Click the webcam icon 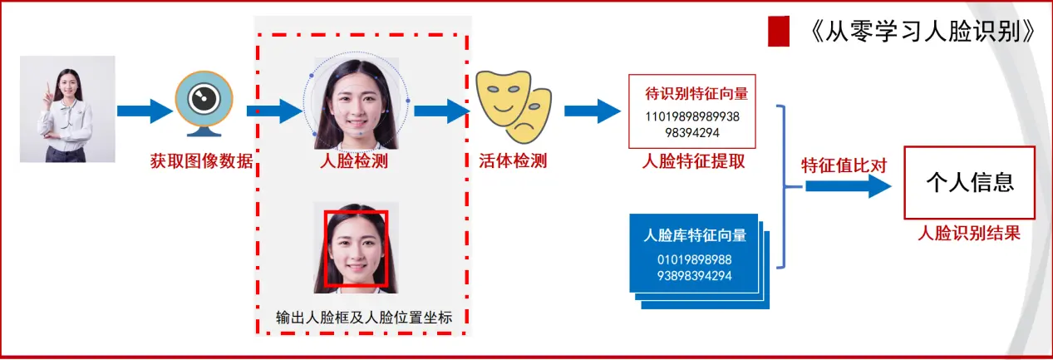tap(203, 103)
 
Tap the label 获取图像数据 tap(201, 160)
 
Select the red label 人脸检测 tap(354, 160)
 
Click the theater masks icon tap(513, 103)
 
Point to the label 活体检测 tap(513, 160)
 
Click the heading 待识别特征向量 tap(696, 94)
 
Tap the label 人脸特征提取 tap(693, 161)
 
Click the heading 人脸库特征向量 tap(695, 235)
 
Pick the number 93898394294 tap(694, 275)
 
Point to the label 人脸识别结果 tap(969, 234)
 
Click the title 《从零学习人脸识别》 tap(920, 32)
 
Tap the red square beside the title tap(779, 31)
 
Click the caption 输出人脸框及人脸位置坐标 tap(362, 318)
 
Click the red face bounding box tap(355, 249)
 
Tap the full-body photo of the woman tap(67, 109)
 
